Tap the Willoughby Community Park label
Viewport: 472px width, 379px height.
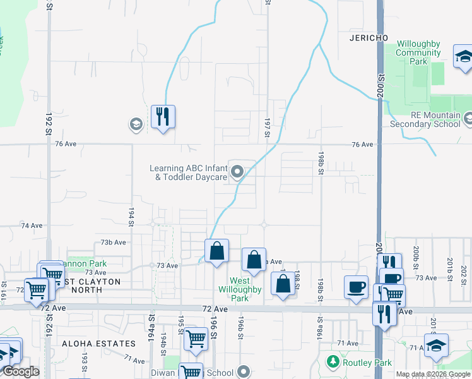418,52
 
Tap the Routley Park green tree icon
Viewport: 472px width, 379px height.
333,362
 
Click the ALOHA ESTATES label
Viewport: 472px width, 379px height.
99,344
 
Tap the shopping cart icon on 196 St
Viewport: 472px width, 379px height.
196,339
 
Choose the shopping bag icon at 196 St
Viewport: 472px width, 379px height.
216,251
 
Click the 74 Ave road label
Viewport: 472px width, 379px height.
32,225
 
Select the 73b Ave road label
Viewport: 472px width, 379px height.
114,242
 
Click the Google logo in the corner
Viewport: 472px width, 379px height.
21,372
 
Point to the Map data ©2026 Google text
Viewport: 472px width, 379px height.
433,374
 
